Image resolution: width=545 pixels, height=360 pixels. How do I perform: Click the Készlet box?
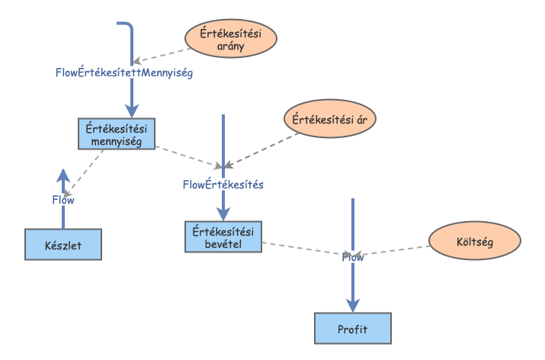point(63,244)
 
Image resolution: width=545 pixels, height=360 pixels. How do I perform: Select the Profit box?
point(353,328)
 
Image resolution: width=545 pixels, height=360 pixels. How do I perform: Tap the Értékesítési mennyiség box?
point(117,133)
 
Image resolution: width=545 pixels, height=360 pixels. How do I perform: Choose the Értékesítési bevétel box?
point(223,236)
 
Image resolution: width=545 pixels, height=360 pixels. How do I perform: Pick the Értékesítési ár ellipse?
point(330,119)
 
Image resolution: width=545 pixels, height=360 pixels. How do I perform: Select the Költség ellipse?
point(475,242)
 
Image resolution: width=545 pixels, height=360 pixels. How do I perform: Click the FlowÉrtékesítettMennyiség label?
point(123,74)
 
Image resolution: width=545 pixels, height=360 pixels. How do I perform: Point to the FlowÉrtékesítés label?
point(223,184)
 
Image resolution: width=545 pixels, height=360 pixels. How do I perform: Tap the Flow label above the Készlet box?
point(63,200)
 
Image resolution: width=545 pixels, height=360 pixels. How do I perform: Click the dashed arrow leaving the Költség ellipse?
point(396,251)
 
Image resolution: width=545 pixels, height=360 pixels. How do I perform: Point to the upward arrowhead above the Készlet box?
point(63,174)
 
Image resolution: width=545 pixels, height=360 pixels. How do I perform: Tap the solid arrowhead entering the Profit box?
point(353,305)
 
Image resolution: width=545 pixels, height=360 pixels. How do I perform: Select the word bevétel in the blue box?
point(223,243)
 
